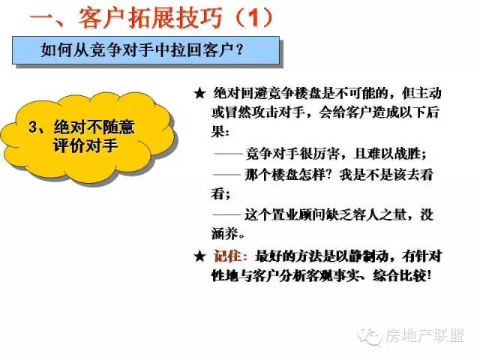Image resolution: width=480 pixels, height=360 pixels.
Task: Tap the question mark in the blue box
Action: coord(239,49)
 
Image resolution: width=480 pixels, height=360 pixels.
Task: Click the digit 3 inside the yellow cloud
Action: coord(33,127)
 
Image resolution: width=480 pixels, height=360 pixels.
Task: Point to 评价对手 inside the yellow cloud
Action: coord(85,145)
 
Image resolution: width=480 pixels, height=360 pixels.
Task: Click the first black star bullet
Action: coord(199,93)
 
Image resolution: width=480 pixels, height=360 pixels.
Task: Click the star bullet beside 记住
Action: coord(199,256)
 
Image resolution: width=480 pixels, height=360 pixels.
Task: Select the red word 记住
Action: coord(227,256)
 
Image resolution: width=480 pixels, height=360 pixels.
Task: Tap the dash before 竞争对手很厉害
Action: coord(228,153)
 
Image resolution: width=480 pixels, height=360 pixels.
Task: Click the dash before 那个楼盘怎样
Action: coord(227,175)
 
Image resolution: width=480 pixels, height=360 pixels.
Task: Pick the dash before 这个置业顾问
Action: coord(227,214)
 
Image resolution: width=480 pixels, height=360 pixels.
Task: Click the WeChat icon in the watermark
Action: coord(370,337)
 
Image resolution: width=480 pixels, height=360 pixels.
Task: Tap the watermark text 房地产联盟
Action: coord(425,335)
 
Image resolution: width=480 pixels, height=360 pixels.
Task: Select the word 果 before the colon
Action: coord(217,132)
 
